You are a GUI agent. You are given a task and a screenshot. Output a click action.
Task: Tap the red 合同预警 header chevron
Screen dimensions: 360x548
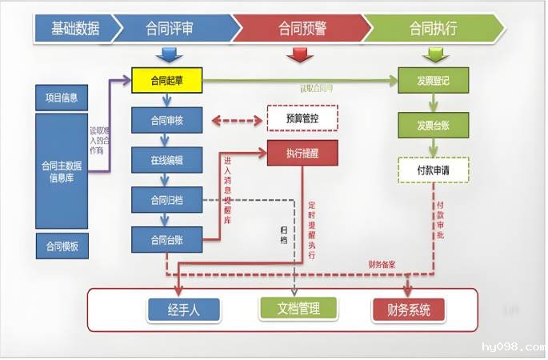pyautogui.click(x=302, y=28)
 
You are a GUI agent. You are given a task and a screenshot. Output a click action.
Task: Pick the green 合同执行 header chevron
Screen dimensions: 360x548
pyautogui.click(x=433, y=28)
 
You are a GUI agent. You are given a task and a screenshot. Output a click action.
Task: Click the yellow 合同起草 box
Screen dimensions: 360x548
pyautogui.click(x=166, y=79)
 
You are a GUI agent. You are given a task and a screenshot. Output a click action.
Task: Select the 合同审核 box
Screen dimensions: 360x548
pyautogui.click(x=166, y=121)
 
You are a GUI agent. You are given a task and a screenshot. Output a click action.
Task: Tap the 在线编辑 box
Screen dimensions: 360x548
pyautogui.click(x=166, y=160)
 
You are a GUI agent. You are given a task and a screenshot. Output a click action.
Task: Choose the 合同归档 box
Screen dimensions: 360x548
pyautogui.click(x=166, y=199)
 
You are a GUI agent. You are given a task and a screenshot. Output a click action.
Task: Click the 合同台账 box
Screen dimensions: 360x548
pyautogui.click(x=166, y=238)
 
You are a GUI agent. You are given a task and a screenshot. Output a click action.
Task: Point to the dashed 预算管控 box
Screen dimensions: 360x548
pyautogui.click(x=302, y=118)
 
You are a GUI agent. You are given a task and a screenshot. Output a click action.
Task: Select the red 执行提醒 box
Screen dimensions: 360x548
pyautogui.click(x=302, y=153)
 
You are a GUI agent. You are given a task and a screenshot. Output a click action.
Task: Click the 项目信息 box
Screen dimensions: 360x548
pyautogui.click(x=62, y=98)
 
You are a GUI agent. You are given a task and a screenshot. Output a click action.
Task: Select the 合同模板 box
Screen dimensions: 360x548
pyautogui.click(x=62, y=246)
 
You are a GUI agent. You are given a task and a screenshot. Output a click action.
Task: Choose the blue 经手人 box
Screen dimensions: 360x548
pyautogui.click(x=183, y=310)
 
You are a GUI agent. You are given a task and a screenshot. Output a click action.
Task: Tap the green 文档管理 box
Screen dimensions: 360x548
pyautogui.click(x=298, y=308)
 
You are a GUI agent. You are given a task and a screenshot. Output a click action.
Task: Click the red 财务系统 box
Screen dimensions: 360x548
pyautogui.click(x=408, y=310)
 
